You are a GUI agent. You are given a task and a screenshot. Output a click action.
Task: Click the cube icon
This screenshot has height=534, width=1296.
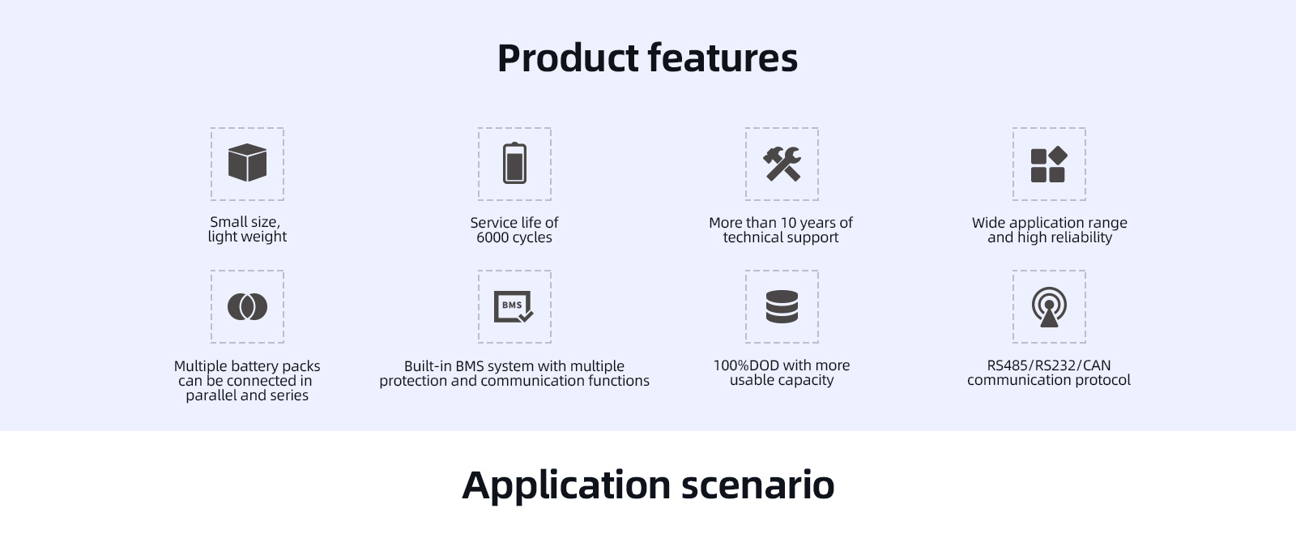[x=247, y=163]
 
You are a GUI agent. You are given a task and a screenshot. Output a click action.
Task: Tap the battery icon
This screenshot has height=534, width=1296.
[x=514, y=163]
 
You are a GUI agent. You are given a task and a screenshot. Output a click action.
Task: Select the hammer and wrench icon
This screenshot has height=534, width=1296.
[x=782, y=164]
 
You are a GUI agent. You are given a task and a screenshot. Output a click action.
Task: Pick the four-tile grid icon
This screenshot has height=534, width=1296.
[x=1049, y=164]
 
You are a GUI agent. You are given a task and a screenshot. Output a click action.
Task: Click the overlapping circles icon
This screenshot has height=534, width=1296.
[x=247, y=306]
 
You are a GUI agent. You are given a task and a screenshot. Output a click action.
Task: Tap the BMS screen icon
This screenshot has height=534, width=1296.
[x=514, y=306]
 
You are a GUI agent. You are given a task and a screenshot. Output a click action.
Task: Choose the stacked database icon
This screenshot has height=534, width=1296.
[x=782, y=306]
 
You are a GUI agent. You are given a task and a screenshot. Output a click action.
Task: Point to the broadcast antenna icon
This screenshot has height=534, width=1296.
[x=1049, y=307]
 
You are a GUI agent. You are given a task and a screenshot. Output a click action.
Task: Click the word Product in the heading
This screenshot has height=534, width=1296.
[x=568, y=59]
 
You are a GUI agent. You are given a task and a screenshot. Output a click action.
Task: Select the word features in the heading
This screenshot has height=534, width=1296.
[x=723, y=58]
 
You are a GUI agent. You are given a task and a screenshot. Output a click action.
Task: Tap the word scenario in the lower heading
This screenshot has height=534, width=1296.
[x=758, y=485]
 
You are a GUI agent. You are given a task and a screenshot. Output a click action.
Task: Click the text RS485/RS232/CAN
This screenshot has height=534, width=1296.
[x=1048, y=365]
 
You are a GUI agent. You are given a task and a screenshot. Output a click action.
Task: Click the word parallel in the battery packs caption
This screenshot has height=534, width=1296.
[x=211, y=395]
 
